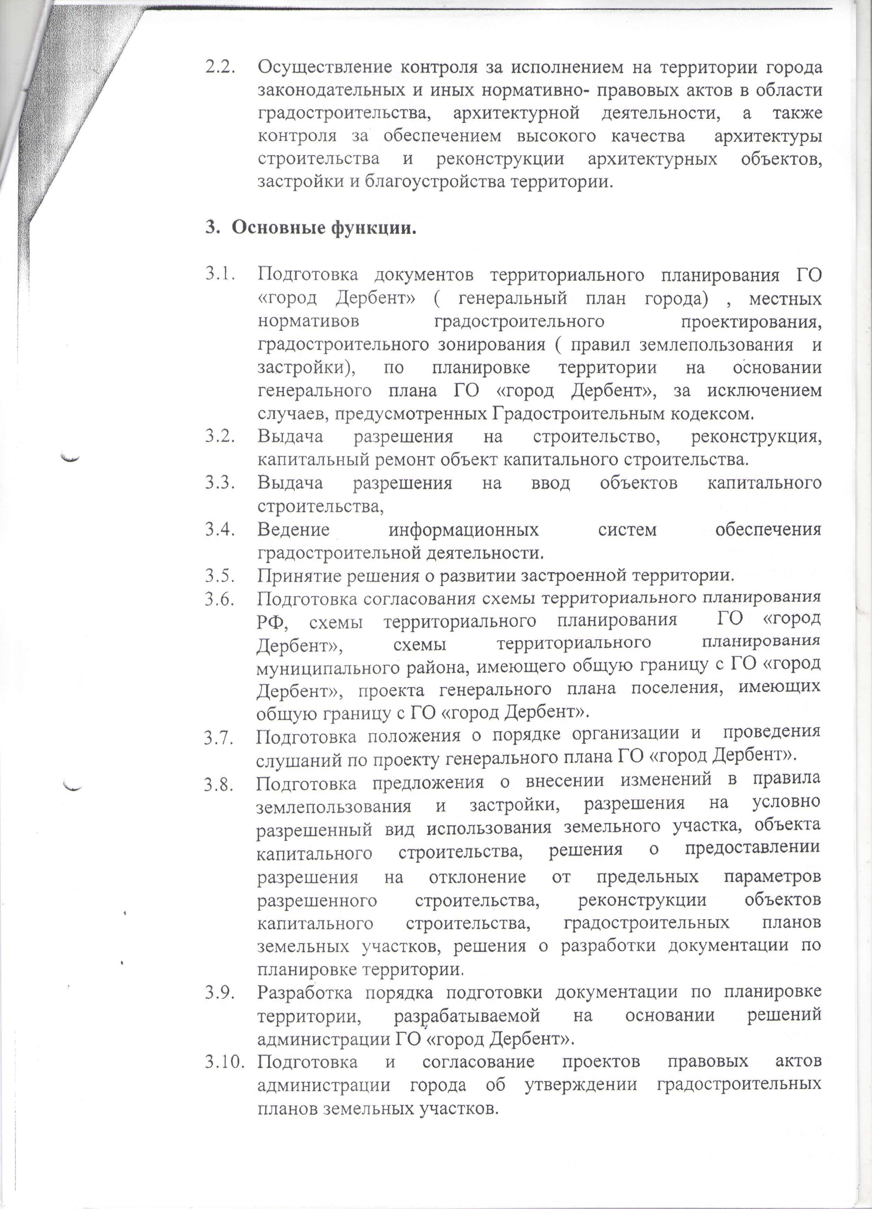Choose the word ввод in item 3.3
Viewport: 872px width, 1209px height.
[x=551, y=483]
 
